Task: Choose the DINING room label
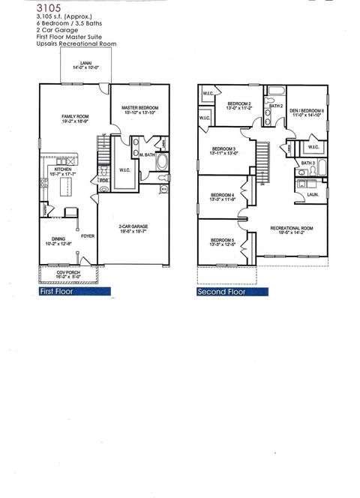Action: [x=52, y=241]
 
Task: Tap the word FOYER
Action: [x=88, y=234]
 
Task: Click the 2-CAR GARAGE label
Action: [x=136, y=227]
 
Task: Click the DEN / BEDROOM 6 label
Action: [x=307, y=112]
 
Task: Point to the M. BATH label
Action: [x=148, y=154]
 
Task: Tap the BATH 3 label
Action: [x=307, y=163]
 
